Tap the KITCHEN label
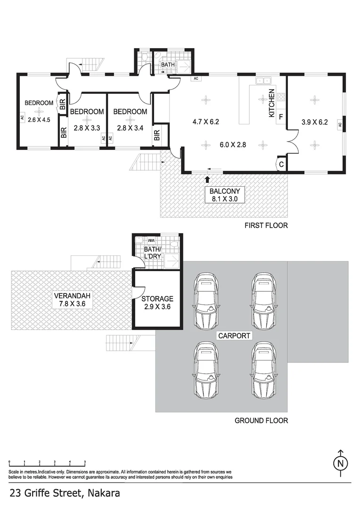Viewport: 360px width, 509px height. [272, 103]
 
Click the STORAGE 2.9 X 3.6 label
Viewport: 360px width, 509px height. [157, 302]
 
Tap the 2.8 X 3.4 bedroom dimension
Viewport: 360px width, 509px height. [131, 128]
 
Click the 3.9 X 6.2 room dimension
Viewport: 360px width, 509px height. [314, 122]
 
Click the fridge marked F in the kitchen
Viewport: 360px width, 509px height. [281, 116]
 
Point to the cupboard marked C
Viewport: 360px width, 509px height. [281, 164]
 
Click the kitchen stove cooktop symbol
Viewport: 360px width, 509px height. [281, 98]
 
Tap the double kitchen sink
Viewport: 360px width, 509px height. [262, 81]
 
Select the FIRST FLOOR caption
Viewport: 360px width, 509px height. [266, 225]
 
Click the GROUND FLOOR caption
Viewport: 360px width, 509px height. [262, 420]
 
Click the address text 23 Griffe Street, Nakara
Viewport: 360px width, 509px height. [65, 493]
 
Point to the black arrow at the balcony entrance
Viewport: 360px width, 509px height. [208, 179]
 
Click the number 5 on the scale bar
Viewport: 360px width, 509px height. [85, 461]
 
